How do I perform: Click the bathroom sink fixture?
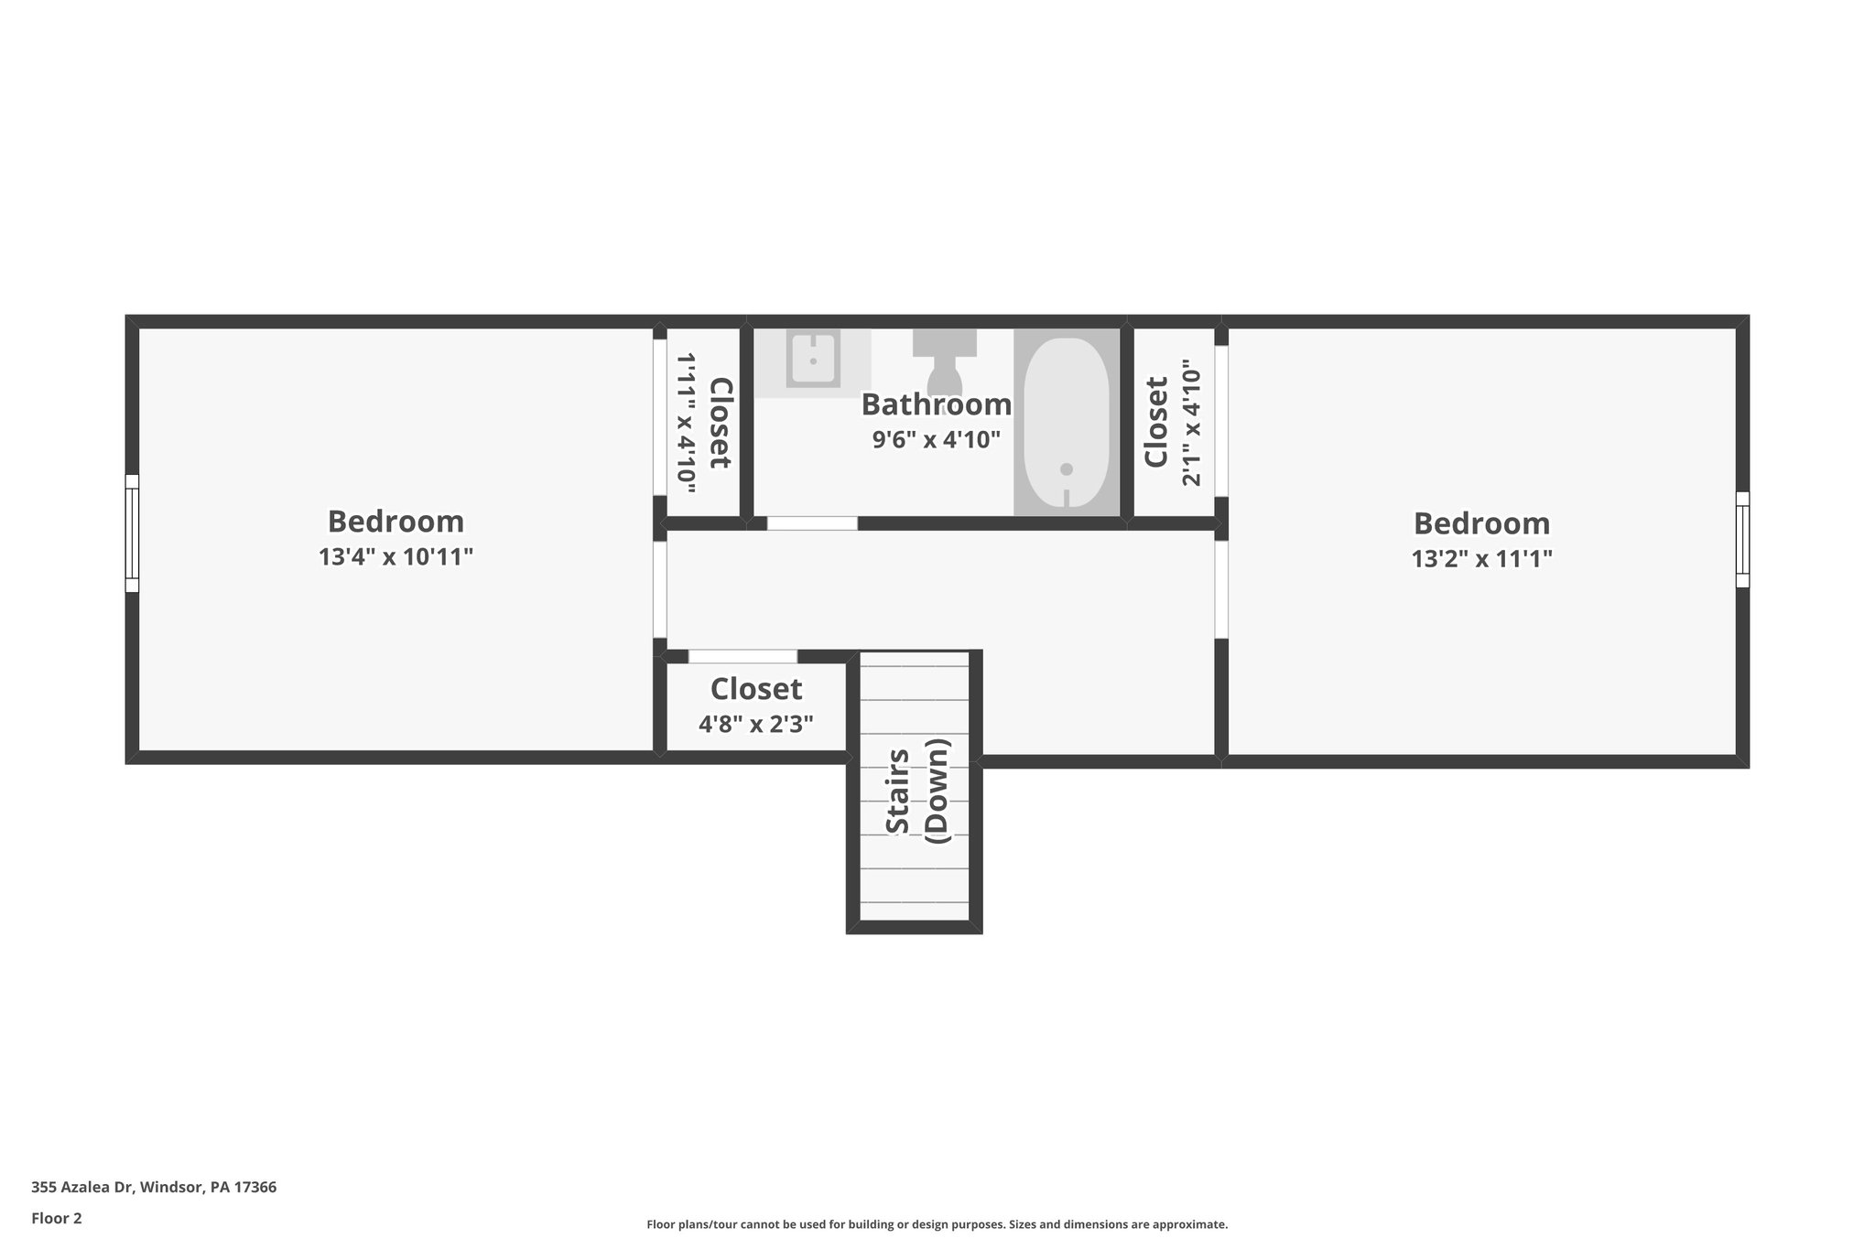[x=813, y=361]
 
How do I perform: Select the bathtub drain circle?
[x=1066, y=469]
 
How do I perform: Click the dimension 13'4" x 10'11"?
[x=396, y=556]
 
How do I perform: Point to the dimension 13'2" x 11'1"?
[x=1481, y=558]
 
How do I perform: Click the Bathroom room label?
[x=936, y=404]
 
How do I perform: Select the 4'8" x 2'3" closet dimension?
[x=755, y=725]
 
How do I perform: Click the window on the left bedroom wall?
[x=132, y=533]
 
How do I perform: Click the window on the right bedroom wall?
[x=1742, y=539]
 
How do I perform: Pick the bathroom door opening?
[x=812, y=523]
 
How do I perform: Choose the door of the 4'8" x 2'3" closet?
[x=742, y=656]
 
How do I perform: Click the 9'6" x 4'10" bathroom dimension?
[x=936, y=440]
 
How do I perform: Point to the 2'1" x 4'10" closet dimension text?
[x=1189, y=423]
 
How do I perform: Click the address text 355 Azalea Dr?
[x=154, y=1187]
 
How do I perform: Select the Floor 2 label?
[x=57, y=1218]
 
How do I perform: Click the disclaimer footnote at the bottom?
[x=937, y=1224]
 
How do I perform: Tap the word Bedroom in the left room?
[x=396, y=522]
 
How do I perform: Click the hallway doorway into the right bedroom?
[x=1220, y=590]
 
